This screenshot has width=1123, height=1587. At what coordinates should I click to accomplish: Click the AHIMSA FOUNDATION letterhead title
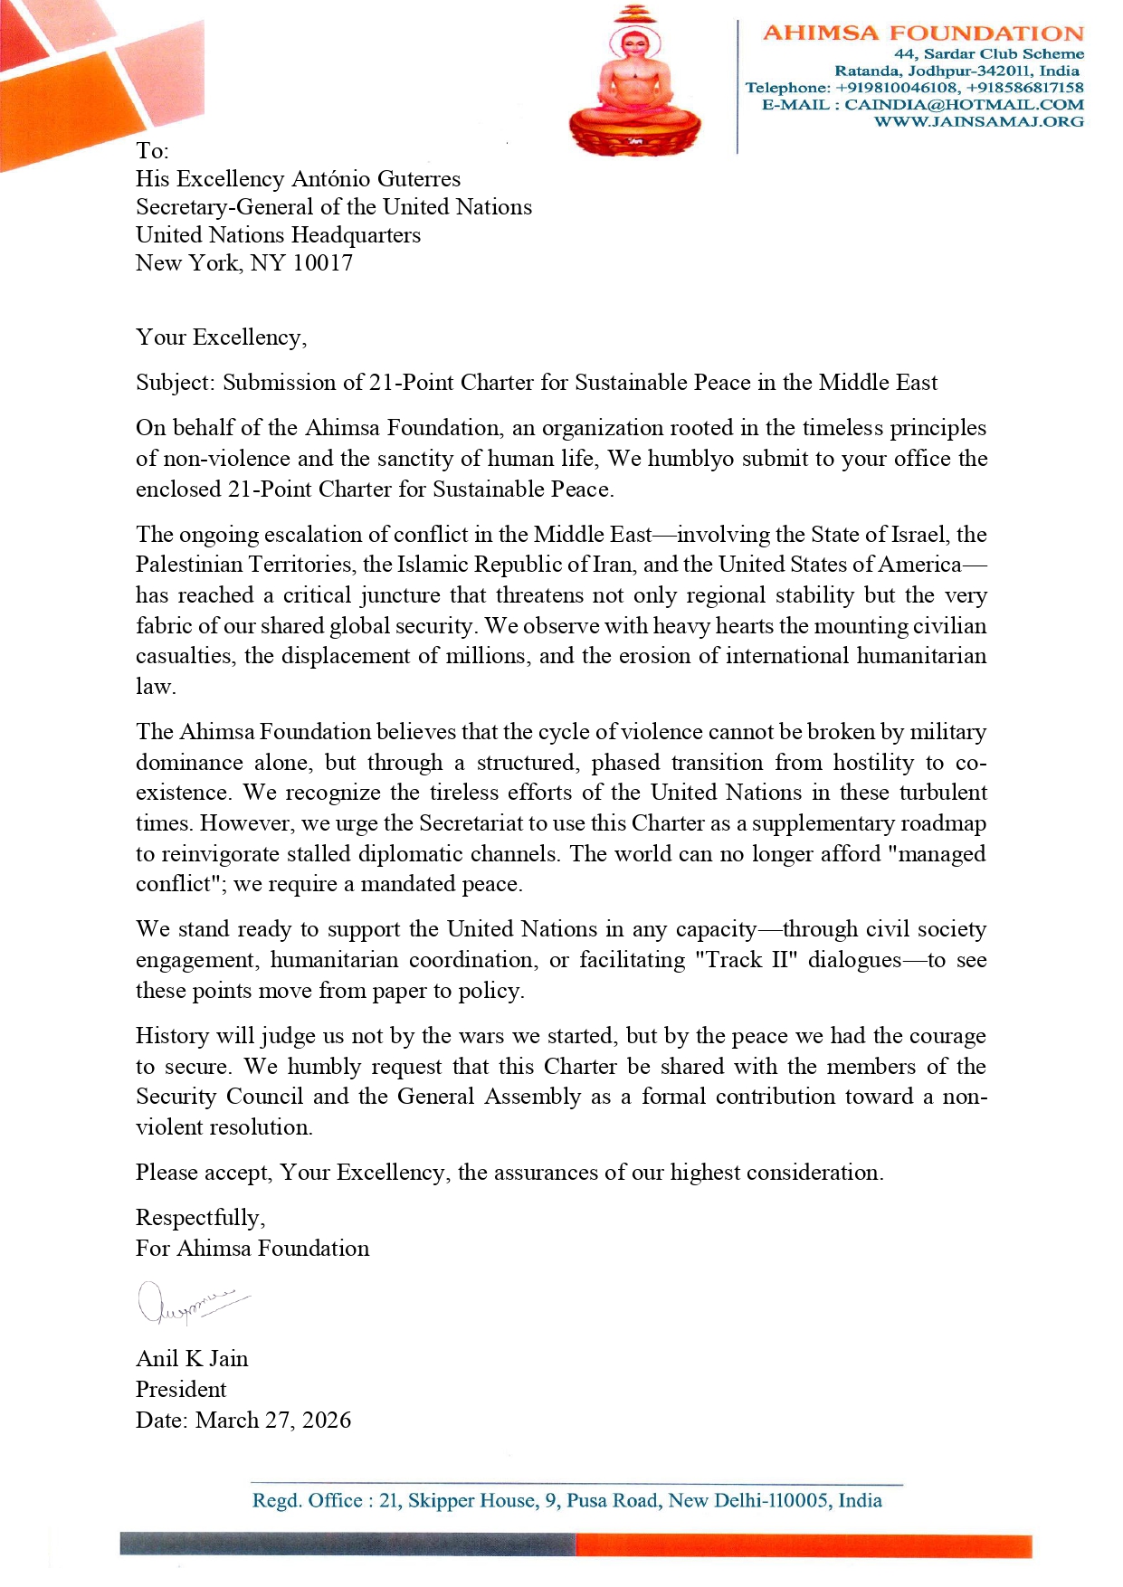923,33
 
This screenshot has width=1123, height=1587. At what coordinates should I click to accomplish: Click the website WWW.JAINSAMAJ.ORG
978,121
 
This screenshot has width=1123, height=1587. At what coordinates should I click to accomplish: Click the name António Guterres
376,179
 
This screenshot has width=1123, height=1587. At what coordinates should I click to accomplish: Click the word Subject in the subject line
174,383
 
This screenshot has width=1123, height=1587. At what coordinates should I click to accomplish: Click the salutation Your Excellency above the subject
220,337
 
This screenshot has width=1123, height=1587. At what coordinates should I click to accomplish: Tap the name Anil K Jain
192,1359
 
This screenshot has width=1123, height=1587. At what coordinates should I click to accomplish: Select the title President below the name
181,1390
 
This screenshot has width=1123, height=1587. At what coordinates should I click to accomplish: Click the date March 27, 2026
272,1421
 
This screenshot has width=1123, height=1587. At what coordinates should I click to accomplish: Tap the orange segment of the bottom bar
803,1545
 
